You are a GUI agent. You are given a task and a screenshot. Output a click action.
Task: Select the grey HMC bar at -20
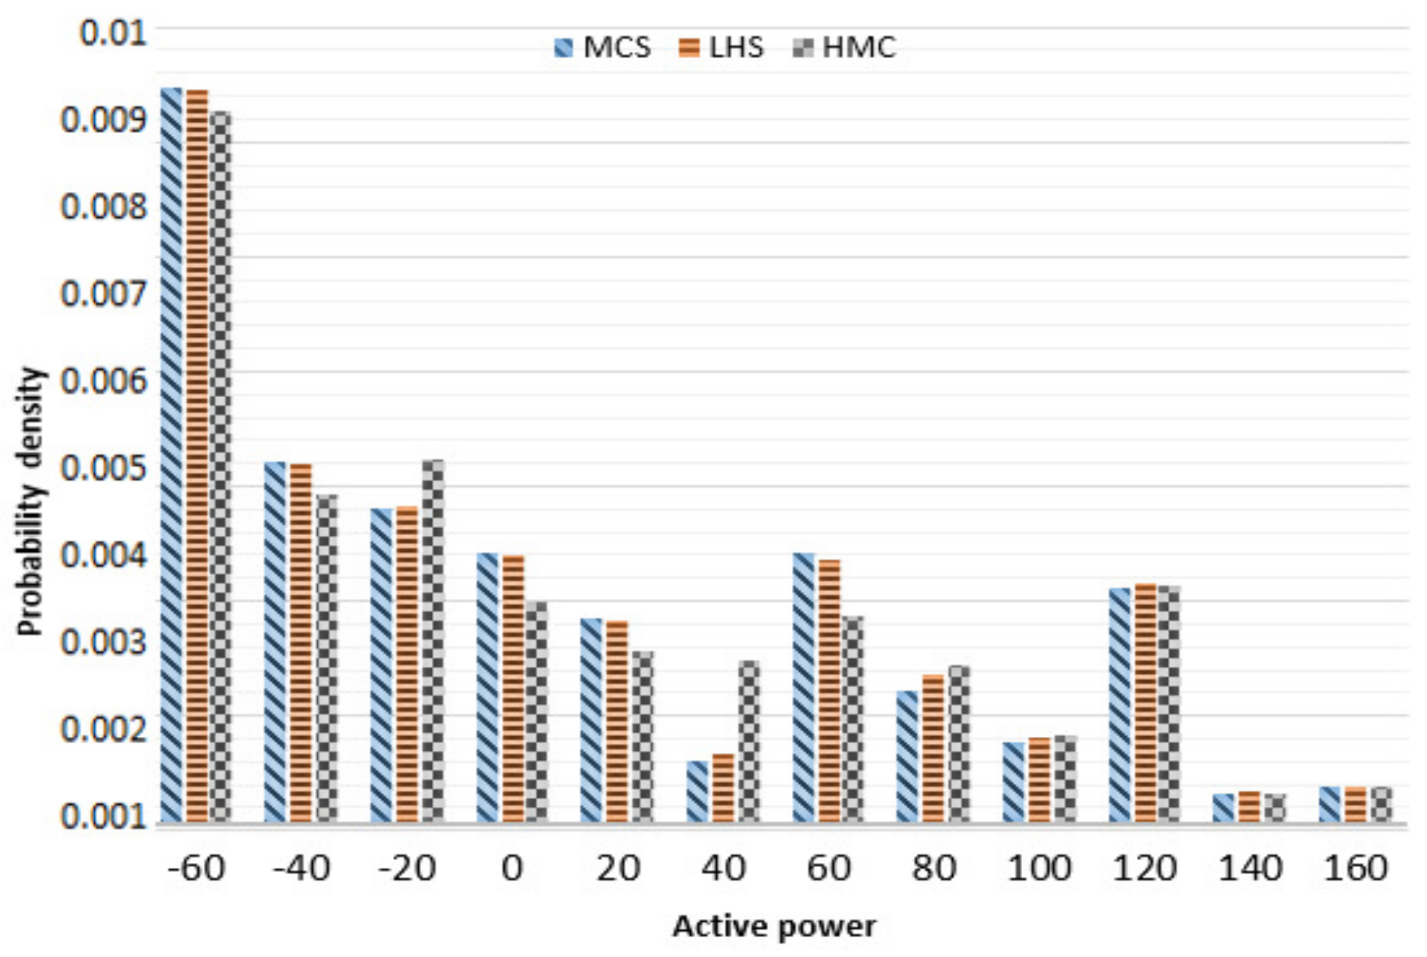[433, 641]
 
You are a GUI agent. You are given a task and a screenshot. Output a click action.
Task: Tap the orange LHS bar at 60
[830, 690]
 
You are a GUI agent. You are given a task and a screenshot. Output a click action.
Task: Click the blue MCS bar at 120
[1120, 704]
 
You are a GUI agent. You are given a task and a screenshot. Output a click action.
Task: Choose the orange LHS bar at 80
[934, 748]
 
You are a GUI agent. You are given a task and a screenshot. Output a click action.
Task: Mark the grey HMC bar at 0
[537, 711]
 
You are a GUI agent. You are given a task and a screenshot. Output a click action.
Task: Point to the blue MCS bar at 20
[592, 720]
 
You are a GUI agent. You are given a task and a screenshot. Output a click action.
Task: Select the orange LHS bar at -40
[301, 642]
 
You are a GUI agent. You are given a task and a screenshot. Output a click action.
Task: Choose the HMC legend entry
[845, 47]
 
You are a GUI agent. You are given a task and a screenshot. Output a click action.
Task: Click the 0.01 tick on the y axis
[113, 33]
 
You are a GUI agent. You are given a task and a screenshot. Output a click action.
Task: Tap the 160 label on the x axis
[1356, 868]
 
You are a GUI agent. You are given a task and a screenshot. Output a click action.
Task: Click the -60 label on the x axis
[197, 868]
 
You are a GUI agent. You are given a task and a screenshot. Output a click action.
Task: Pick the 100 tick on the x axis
[1039, 868]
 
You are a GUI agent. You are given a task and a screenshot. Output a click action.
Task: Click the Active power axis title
[774, 926]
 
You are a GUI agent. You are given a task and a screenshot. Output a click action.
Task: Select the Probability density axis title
[31, 500]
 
